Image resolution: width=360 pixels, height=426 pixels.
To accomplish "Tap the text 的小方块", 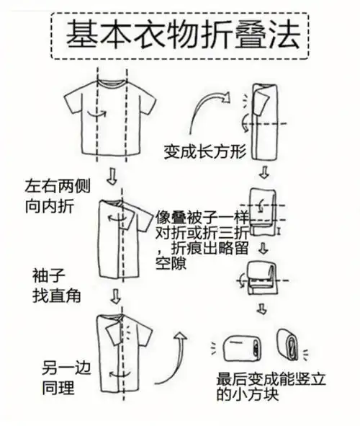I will (244, 396).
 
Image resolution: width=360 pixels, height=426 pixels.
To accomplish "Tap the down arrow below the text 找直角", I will (114, 296).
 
